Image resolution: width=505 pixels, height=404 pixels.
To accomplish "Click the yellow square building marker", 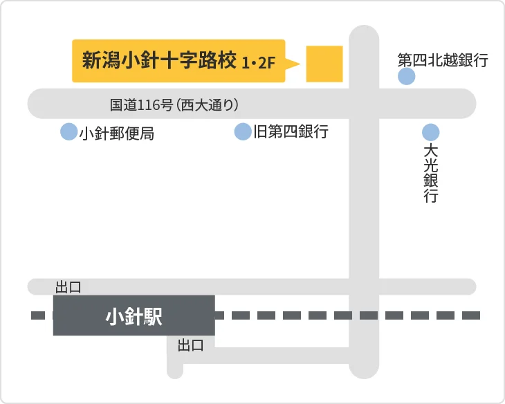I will tap(324, 64).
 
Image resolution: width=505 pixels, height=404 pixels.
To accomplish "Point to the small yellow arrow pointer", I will tap(293, 64).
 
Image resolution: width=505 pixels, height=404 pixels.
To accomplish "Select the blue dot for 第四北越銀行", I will tap(407, 77).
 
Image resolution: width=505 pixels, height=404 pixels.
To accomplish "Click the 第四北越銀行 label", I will tap(443, 60).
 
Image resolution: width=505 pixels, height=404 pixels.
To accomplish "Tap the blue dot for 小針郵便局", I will tap(68, 131).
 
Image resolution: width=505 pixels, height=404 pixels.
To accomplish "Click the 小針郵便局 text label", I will tap(116, 134).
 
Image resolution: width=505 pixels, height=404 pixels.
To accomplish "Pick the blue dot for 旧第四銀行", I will tap(243, 131).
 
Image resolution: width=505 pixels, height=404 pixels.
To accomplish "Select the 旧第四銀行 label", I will tap(290, 131).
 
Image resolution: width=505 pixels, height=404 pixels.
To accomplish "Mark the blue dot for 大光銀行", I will tap(431, 131).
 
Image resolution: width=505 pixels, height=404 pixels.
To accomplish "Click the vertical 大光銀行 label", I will tap(431, 173).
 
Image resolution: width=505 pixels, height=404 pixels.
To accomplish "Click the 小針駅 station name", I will tap(134, 317).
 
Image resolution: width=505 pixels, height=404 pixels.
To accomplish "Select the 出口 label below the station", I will tap(191, 345).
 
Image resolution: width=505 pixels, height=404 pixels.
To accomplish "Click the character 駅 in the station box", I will tap(153, 317).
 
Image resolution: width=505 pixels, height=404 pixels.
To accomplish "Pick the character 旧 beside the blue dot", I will tap(260, 131).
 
